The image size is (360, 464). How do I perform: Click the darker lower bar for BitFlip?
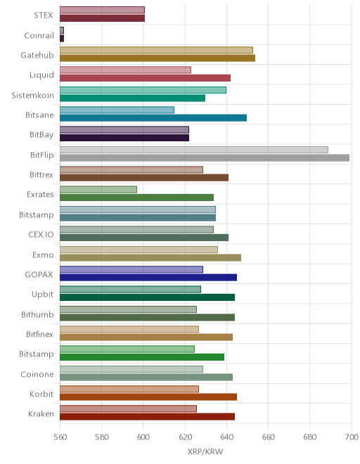point(205,157)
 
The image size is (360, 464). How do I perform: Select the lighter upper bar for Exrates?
point(98,189)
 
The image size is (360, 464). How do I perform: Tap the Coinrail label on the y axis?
point(39,36)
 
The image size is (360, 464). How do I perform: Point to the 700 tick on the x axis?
point(352,437)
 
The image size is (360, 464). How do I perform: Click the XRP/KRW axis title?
point(205,451)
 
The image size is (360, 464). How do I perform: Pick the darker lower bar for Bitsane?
point(153,118)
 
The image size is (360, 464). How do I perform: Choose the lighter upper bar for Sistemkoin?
point(143,90)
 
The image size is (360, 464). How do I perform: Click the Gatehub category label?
point(37,56)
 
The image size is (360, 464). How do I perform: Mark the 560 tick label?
point(60,437)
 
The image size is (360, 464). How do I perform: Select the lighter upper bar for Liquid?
point(125,70)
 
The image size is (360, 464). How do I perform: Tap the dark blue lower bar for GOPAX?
point(148,277)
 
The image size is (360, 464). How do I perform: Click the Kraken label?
point(41,413)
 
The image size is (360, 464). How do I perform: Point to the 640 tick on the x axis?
point(227,437)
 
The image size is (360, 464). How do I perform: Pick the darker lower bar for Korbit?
point(148,397)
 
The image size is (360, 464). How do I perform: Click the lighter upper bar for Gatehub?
point(156,50)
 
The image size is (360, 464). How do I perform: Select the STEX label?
point(43,15)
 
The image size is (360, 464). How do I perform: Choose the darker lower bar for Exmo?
point(150,257)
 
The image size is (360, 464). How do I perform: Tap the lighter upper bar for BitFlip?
point(194,150)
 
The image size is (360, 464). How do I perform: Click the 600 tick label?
point(143,437)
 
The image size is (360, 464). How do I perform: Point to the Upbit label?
point(43,295)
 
